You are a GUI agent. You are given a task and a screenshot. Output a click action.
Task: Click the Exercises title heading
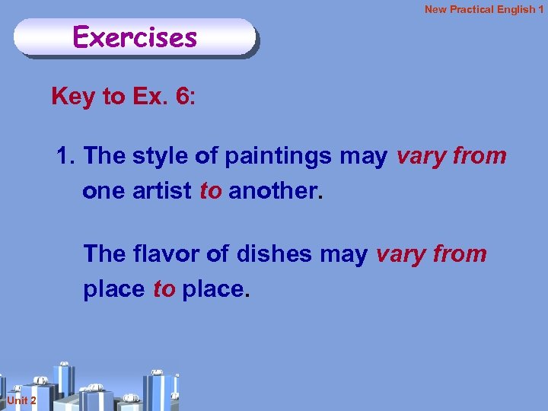(135, 37)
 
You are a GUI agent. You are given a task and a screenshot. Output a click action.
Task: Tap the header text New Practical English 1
(484, 10)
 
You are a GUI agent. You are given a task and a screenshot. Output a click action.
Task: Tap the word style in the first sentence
(161, 156)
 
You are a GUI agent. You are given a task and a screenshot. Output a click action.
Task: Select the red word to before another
(210, 191)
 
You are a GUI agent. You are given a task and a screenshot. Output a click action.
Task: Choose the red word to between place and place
(164, 288)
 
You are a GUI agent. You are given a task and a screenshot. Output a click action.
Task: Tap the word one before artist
(104, 191)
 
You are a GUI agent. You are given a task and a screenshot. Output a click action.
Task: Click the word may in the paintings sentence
(364, 157)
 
